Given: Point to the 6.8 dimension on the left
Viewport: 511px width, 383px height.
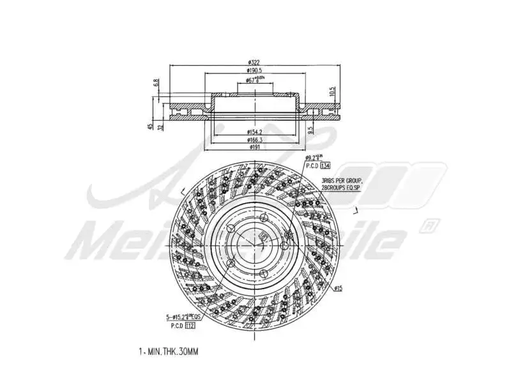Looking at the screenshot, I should click(x=156, y=83).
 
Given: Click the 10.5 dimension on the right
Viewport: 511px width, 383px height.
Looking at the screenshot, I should click(x=332, y=92).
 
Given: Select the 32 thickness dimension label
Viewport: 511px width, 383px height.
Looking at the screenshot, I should click(x=160, y=126).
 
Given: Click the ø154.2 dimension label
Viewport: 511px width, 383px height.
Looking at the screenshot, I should click(x=256, y=131).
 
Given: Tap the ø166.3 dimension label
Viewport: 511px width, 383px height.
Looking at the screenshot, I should click(x=256, y=140).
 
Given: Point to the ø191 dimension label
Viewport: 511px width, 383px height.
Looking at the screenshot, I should click(x=256, y=148).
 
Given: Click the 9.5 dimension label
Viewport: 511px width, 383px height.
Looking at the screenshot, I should click(x=310, y=130).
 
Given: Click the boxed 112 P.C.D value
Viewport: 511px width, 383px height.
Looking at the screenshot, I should click(x=190, y=325).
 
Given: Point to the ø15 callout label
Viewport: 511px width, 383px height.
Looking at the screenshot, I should click(x=339, y=289).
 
